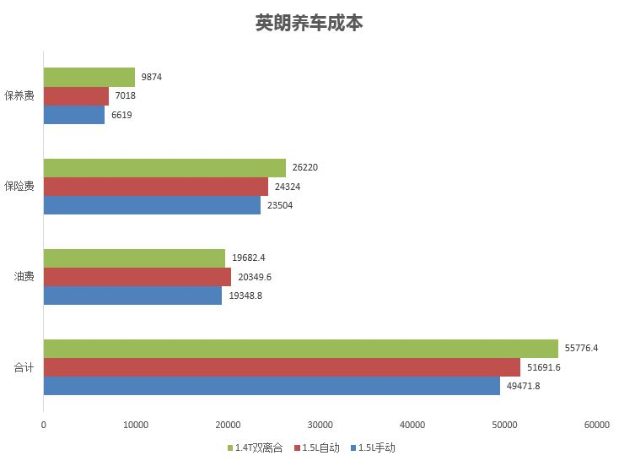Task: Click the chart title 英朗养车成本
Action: click(x=309, y=24)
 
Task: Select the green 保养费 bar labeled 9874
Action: click(x=89, y=77)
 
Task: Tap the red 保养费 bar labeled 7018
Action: click(x=76, y=95)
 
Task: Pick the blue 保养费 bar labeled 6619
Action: click(x=74, y=114)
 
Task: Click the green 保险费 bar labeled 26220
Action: click(x=164, y=168)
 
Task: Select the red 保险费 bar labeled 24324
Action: click(x=155, y=187)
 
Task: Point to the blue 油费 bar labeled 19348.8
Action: click(x=132, y=296)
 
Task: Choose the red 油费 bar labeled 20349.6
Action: click(x=137, y=277)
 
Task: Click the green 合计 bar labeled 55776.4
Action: click(x=300, y=349)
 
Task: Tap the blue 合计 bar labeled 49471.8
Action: click(x=272, y=386)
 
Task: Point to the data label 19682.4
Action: click(x=249, y=258)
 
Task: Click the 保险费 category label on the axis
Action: click(x=19, y=187)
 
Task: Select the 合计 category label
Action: click(x=24, y=367)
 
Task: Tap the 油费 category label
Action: click(x=24, y=277)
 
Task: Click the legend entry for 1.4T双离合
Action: click(x=258, y=447)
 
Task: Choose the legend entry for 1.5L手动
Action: click(x=371, y=447)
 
